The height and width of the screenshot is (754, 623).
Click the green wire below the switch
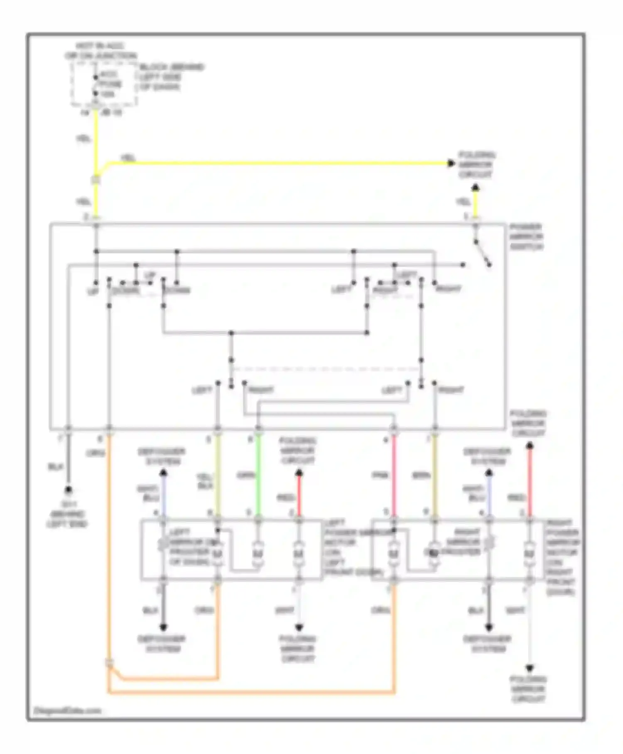258,474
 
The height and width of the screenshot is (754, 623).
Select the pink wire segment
394,474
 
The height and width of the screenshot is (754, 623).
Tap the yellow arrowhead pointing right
451,163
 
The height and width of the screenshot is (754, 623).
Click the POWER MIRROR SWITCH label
526,237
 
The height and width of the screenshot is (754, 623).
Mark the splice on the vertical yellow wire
96,180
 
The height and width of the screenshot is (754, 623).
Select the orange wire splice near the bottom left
109,663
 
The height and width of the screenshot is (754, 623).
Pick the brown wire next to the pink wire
434,474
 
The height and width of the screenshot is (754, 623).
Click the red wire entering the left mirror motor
299,497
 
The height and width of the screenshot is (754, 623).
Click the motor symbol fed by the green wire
258,554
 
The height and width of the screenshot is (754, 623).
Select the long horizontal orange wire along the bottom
249,692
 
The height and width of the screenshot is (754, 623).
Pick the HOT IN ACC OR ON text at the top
101,51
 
